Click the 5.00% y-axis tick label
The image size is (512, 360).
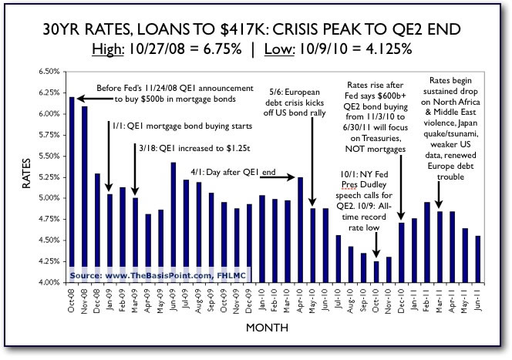pyautogui.click(x=49, y=198)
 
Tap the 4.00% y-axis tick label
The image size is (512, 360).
pyautogui.click(x=49, y=282)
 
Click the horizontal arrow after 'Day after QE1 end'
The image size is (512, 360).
pyautogui.click(x=278, y=178)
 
